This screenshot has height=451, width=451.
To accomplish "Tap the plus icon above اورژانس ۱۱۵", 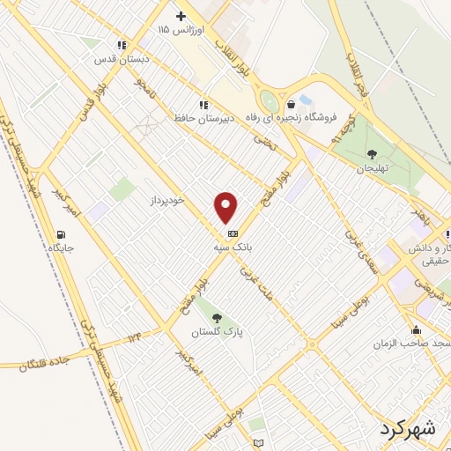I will [181, 16].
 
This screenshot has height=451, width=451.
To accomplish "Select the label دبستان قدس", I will [122, 59].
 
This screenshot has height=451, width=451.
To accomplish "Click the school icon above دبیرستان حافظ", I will [203, 105].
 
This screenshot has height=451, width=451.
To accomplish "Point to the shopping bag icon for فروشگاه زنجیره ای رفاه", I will [291, 105].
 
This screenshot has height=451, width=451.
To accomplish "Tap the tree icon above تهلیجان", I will [372, 153].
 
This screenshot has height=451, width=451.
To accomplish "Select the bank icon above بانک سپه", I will [232, 233].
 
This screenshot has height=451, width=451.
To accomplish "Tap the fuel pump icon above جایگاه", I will [61, 234].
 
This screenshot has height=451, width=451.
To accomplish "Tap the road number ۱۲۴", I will [133, 336].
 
